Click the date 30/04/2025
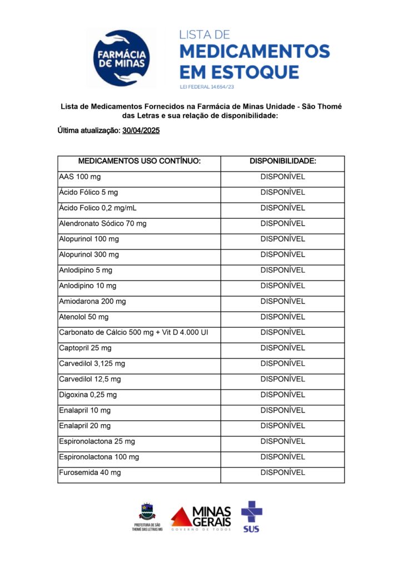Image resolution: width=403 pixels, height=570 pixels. click(x=141, y=130)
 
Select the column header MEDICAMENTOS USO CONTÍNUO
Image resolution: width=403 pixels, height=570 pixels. click(x=139, y=161)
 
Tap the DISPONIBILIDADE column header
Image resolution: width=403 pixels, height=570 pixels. click(x=283, y=161)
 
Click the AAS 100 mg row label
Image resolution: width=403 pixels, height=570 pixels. click(x=80, y=177)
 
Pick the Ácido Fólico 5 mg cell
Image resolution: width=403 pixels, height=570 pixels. click(x=88, y=193)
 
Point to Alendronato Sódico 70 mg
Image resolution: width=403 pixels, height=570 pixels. click(x=103, y=224)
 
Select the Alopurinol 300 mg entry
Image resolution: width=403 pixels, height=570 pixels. click(x=89, y=254)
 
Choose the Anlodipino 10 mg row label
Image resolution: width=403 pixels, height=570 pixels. click(x=88, y=286)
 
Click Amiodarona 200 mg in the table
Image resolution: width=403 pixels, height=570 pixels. click(x=92, y=301)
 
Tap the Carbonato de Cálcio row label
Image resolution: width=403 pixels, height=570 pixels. click(x=133, y=332)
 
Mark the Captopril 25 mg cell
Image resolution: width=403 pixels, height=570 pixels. click(x=85, y=348)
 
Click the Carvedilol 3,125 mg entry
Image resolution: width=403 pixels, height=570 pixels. click(x=92, y=363)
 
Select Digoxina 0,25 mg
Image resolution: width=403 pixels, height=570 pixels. click(x=88, y=395)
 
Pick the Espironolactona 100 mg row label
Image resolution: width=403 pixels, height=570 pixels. click(x=99, y=457)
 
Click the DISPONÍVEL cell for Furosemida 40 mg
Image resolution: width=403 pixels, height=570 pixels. click(x=283, y=473)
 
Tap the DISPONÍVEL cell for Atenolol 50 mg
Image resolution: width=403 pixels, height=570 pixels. click(x=283, y=317)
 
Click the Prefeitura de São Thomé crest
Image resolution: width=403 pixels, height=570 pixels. click(x=147, y=511)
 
